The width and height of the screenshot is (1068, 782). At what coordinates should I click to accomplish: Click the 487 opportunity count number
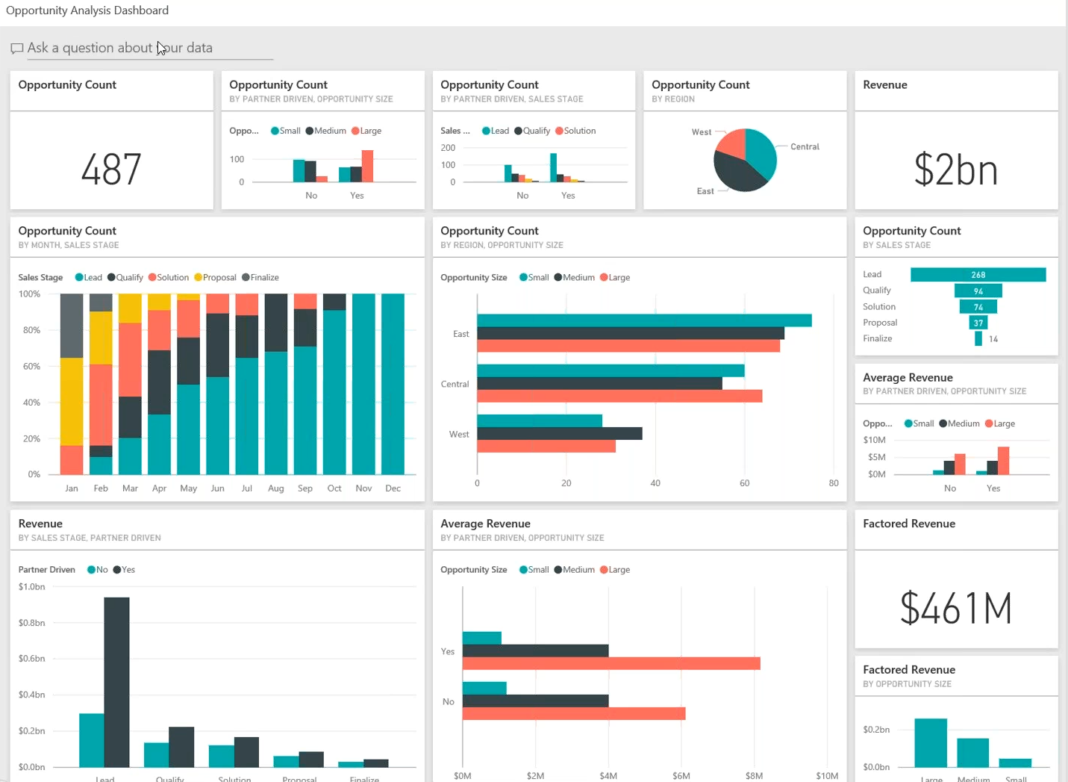coord(111,170)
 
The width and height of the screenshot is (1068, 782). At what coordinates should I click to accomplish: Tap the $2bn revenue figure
coord(955,170)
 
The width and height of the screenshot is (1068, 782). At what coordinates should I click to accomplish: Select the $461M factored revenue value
coord(955,608)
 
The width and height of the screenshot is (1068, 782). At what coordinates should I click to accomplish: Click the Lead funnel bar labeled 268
coord(978,275)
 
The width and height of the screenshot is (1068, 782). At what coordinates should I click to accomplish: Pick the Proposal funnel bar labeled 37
coord(978,323)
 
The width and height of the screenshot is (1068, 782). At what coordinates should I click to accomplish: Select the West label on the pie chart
coord(701,132)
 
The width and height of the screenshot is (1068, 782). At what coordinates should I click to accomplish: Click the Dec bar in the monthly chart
coord(393,384)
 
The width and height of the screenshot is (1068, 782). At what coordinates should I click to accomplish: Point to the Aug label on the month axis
coord(275,488)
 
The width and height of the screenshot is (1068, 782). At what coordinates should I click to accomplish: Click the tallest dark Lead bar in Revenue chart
coord(116,681)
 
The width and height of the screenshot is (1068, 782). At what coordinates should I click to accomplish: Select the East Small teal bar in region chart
coord(643,320)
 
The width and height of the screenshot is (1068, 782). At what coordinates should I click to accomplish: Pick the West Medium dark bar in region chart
coord(559,433)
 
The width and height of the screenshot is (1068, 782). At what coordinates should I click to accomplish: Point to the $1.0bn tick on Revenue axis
coord(32,587)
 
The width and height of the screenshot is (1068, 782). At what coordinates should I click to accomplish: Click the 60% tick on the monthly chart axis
coord(31,367)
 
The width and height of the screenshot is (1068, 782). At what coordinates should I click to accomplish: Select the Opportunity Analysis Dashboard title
coord(87,10)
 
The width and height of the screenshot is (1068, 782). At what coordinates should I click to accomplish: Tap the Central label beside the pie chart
coord(805,147)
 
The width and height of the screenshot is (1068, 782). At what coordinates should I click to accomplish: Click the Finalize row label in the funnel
coord(877,339)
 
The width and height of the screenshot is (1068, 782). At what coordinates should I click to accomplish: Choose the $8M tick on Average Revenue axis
coord(754,776)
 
